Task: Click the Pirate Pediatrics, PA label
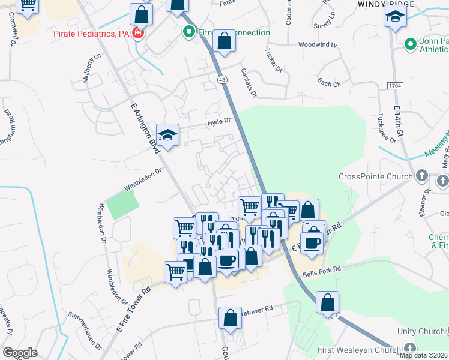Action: coord(91,34)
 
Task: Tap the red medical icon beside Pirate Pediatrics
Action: coord(139,33)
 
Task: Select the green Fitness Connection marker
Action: coord(189,32)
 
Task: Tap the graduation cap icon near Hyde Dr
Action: coord(168,136)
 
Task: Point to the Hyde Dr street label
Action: coord(219,121)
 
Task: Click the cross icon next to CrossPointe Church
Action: coord(422,176)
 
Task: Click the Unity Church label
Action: coord(421,331)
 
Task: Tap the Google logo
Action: coord(19,353)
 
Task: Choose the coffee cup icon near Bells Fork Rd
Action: coord(312,244)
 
